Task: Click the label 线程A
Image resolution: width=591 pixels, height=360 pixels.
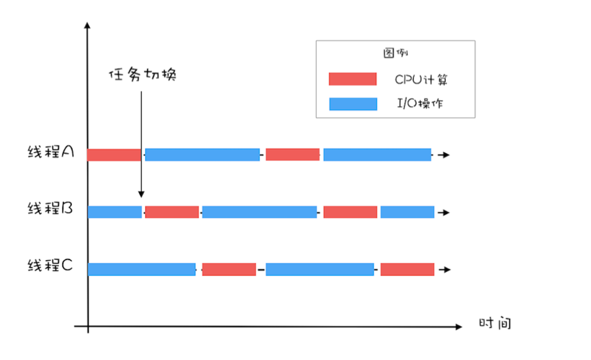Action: (x=51, y=151)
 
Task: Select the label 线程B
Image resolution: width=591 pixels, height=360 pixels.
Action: (x=50, y=208)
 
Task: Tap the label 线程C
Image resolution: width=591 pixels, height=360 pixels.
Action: (x=50, y=265)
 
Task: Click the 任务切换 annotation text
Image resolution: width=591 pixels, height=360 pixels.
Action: (x=143, y=74)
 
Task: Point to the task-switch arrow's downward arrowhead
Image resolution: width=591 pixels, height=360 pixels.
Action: (x=142, y=194)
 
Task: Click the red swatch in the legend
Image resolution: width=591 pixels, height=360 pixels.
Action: (x=353, y=79)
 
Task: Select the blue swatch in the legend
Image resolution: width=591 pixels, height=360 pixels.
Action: (x=353, y=104)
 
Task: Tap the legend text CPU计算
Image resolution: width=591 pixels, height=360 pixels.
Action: (x=421, y=79)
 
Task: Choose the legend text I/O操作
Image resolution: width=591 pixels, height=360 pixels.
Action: (x=420, y=103)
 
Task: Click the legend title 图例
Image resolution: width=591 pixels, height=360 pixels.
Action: (x=395, y=53)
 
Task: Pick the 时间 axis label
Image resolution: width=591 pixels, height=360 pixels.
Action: (x=495, y=323)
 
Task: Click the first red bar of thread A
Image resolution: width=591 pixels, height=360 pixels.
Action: (x=114, y=155)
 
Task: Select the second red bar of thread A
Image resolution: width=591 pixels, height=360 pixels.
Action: (x=292, y=155)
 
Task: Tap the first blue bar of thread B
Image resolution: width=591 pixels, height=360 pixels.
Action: (x=115, y=212)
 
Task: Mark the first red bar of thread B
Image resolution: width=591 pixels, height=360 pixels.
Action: (x=172, y=212)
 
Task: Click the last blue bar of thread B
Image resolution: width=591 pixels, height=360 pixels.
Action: (x=407, y=212)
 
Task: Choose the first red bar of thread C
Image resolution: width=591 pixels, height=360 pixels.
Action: (x=229, y=269)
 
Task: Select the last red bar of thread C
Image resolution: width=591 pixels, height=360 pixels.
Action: (x=407, y=269)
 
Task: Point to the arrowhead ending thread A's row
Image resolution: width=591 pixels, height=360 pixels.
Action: (x=446, y=155)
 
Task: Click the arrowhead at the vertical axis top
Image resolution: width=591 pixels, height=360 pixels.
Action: (x=88, y=25)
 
